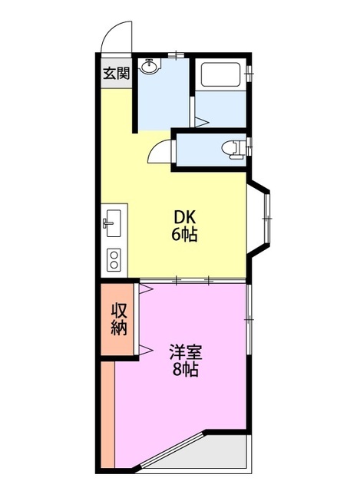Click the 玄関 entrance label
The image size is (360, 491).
(x=117, y=74)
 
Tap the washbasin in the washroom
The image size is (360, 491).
(x=150, y=66)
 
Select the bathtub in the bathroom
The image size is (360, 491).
(x=220, y=74)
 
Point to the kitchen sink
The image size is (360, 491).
(x=113, y=222)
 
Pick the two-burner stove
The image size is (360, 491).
(x=114, y=260)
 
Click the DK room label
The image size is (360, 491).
(x=184, y=216)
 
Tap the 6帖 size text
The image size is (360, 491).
(x=184, y=234)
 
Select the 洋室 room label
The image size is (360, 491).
(x=186, y=352)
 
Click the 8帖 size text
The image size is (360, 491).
(x=185, y=370)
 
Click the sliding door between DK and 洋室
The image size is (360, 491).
(x=193, y=280)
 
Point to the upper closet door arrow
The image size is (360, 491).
(x=146, y=288)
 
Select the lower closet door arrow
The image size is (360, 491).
(x=146, y=349)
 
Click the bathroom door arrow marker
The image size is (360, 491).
(x=201, y=122)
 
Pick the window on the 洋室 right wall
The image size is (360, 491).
(x=249, y=319)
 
